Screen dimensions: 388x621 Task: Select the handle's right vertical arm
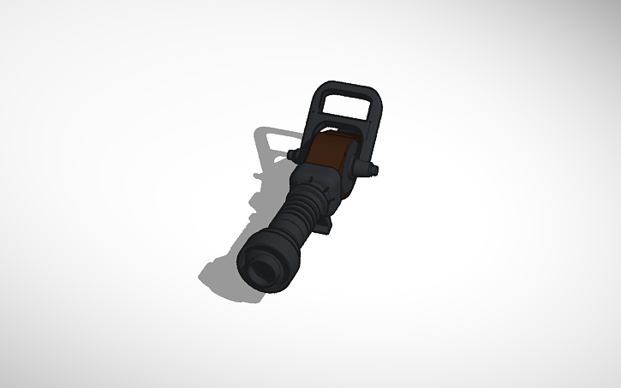374,128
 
